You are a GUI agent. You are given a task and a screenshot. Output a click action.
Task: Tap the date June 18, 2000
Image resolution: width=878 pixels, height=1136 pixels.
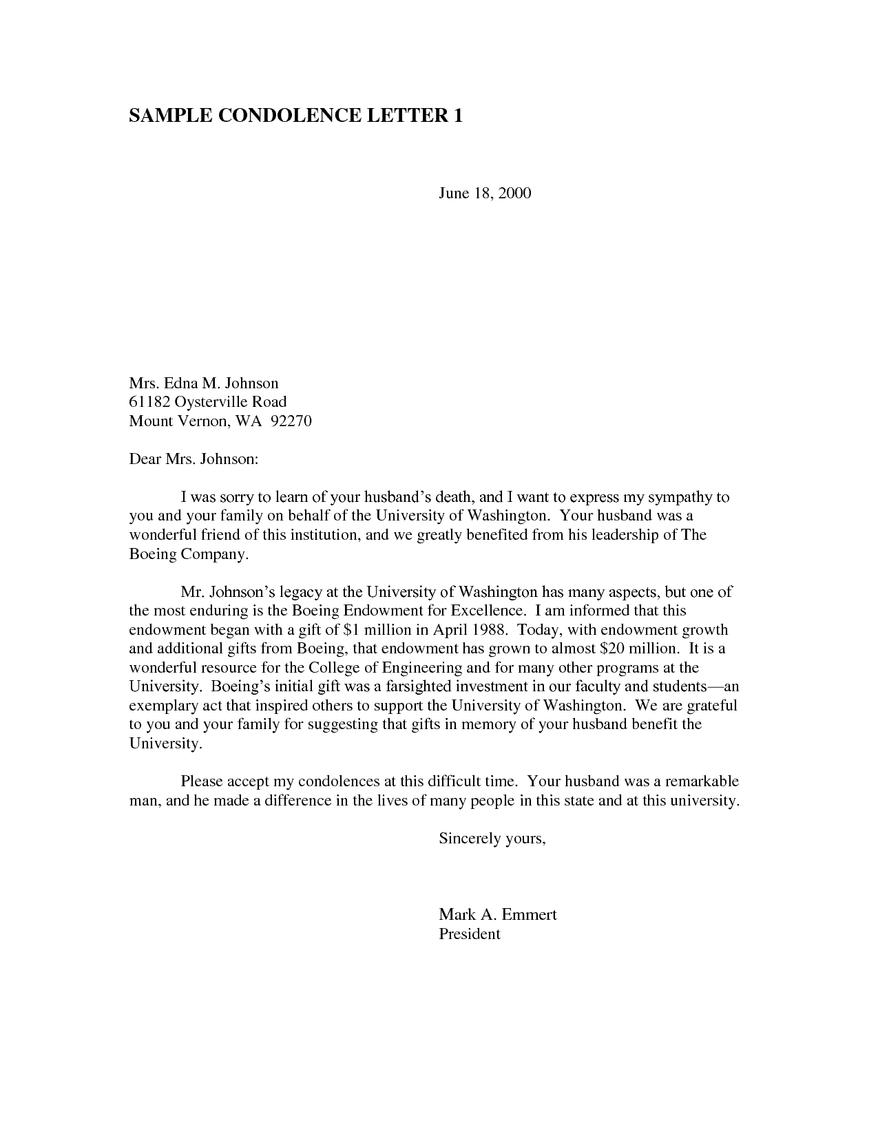click(x=485, y=193)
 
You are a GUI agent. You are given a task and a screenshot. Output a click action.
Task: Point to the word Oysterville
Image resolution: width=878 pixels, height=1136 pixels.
click(x=211, y=401)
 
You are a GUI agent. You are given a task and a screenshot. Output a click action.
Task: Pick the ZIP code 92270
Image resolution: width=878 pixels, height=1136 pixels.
click(x=291, y=421)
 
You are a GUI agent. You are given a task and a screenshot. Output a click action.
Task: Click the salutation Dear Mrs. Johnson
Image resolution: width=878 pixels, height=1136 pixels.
click(x=194, y=459)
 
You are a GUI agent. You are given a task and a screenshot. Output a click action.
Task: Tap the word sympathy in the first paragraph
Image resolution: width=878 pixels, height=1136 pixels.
click(x=678, y=496)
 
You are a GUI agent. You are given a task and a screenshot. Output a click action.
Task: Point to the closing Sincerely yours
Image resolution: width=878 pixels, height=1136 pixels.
click(x=492, y=839)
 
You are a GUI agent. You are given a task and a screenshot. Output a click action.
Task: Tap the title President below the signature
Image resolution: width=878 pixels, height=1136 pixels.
click(x=469, y=934)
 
